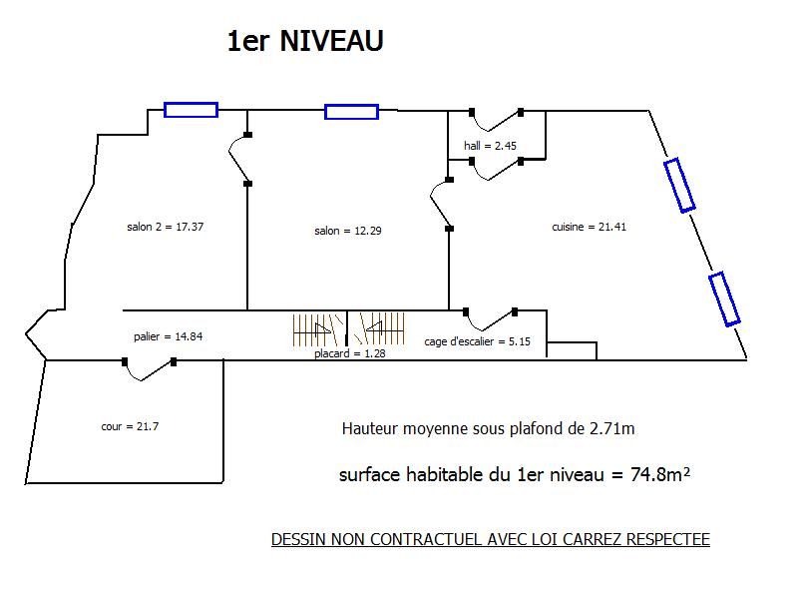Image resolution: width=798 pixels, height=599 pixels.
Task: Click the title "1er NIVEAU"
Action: coord(305,41)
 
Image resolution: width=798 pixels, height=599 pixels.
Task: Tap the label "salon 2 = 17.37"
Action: coord(166,227)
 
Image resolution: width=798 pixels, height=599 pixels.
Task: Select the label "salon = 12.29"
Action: coord(348,231)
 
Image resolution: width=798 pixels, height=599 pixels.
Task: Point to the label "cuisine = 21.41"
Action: coord(590,227)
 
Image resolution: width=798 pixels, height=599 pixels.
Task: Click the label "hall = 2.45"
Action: coord(490,146)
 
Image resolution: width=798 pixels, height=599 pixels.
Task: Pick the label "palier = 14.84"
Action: coord(169,336)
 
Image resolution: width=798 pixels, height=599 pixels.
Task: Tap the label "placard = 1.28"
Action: coord(348,353)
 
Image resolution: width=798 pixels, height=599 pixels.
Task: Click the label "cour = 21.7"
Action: coord(131,426)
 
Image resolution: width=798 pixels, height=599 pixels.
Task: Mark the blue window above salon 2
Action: coord(191,110)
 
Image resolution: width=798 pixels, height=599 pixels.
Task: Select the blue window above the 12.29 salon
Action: coord(351,112)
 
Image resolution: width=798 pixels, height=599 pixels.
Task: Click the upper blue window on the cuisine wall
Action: coord(679,185)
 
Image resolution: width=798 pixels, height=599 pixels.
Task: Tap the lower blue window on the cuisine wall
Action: coord(725,299)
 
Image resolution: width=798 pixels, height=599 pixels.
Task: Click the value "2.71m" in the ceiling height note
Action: coord(611,429)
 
